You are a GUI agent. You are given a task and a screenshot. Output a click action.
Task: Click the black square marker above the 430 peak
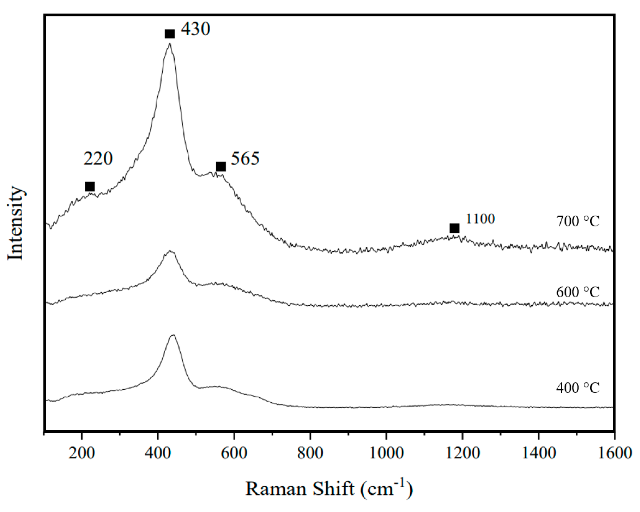click(169, 34)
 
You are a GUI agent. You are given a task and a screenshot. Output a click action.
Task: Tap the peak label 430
click(196, 29)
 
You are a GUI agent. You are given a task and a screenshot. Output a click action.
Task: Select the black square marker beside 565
click(221, 167)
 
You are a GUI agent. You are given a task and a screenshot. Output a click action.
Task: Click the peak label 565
click(245, 158)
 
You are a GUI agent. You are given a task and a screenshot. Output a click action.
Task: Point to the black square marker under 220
click(90, 187)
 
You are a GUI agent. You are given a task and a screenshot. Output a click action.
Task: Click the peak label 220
click(98, 158)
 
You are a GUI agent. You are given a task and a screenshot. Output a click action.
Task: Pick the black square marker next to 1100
click(454, 228)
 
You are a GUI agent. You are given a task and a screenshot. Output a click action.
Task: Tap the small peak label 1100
click(480, 219)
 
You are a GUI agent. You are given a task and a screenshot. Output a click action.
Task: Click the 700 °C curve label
click(578, 222)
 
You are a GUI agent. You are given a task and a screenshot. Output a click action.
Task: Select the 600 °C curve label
click(578, 292)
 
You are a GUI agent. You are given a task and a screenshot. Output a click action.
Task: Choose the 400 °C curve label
click(578, 388)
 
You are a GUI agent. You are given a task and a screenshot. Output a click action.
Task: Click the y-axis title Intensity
click(15, 223)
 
